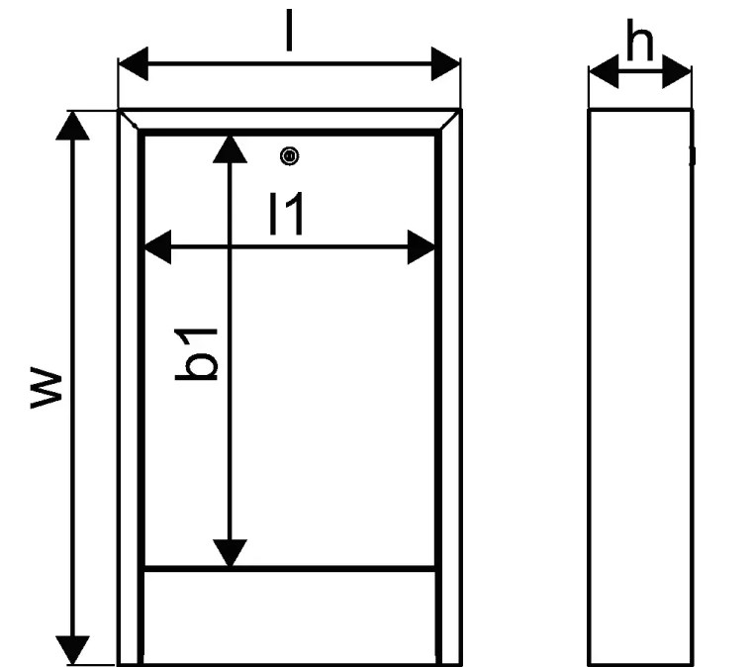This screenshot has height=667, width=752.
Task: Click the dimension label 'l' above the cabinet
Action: click(289, 31)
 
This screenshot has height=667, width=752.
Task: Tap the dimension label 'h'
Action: click(640, 40)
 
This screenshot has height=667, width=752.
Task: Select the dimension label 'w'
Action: click(47, 388)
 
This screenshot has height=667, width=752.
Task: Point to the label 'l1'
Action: click(287, 214)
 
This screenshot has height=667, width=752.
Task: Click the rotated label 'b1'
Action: click(196, 355)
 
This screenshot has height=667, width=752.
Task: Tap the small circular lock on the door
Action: click(289, 156)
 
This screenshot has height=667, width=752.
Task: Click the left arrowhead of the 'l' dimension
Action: click(134, 63)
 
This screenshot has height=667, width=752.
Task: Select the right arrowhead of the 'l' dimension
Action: click(445, 63)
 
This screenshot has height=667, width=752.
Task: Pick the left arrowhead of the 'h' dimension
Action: click(604, 72)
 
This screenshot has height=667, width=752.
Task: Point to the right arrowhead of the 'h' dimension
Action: click(677, 72)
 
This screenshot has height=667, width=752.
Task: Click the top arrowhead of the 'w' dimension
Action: click(72, 126)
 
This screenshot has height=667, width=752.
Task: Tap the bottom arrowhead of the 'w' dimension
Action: click(72, 650)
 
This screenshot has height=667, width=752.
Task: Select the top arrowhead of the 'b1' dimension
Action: click(230, 149)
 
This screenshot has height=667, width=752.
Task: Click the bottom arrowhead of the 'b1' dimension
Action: click(230, 553)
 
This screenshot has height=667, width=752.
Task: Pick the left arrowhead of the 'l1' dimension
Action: click(157, 247)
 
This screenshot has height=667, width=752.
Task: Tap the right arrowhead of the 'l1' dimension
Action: click(422, 247)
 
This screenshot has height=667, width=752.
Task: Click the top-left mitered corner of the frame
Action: click(129, 120)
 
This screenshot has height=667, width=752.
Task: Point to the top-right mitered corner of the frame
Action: click(450, 120)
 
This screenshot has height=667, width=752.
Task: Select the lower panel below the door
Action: click(290, 618)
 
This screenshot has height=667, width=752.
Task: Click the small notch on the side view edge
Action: click(692, 156)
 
